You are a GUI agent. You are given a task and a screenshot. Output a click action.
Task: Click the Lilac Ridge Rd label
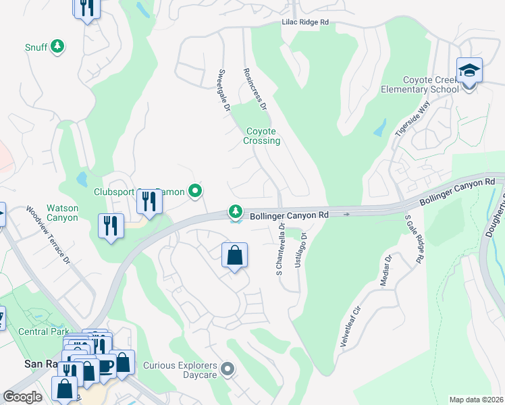(x=304, y=22)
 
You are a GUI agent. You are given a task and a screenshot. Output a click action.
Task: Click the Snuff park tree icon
(x=59, y=46)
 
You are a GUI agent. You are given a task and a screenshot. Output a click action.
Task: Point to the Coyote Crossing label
(x=261, y=136)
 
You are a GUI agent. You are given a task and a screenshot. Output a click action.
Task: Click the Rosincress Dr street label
(x=255, y=90)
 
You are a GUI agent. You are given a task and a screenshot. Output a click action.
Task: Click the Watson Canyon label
(x=61, y=213)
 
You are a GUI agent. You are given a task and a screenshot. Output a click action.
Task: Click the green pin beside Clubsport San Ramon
(x=195, y=192)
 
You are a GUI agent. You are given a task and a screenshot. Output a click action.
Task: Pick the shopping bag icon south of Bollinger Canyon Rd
(x=234, y=256)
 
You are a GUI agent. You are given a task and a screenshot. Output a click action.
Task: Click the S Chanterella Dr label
(x=277, y=251)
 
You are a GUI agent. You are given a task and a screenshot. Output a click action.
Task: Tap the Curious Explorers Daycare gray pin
(x=228, y=369)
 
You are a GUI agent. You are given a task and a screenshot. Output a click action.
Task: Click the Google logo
(x=23, y=397)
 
